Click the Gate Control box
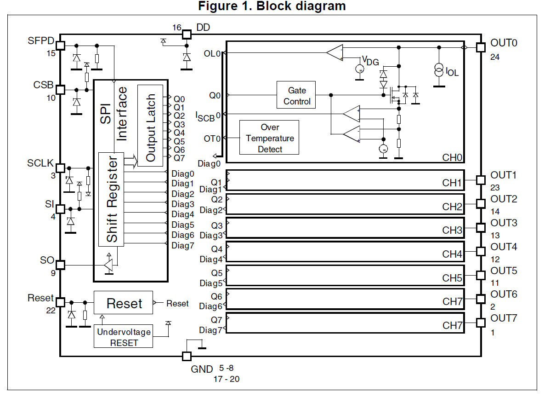[296, 95]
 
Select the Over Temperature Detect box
[270, 138]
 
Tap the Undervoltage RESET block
[124, 337]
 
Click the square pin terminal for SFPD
[60, 45]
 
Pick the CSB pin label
[43, 85]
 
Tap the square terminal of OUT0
[481, 47]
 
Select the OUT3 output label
[504, 223]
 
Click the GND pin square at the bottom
[187, 356]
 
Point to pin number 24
[495, 57]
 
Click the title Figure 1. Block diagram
[272, 6]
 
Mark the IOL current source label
[452, 72]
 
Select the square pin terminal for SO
[60, 265]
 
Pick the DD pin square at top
[187, 34]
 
